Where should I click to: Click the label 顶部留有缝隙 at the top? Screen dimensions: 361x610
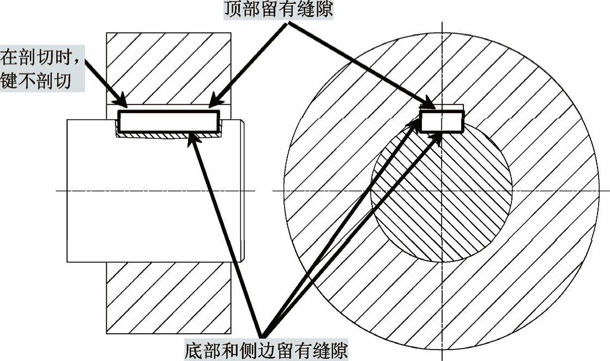278,10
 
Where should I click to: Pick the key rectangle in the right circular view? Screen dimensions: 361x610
442,121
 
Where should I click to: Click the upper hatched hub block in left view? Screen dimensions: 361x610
169,68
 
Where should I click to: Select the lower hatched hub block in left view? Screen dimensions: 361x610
169,297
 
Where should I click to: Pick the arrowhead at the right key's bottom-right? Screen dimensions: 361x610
439,136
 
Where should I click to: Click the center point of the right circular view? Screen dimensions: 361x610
442,191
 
